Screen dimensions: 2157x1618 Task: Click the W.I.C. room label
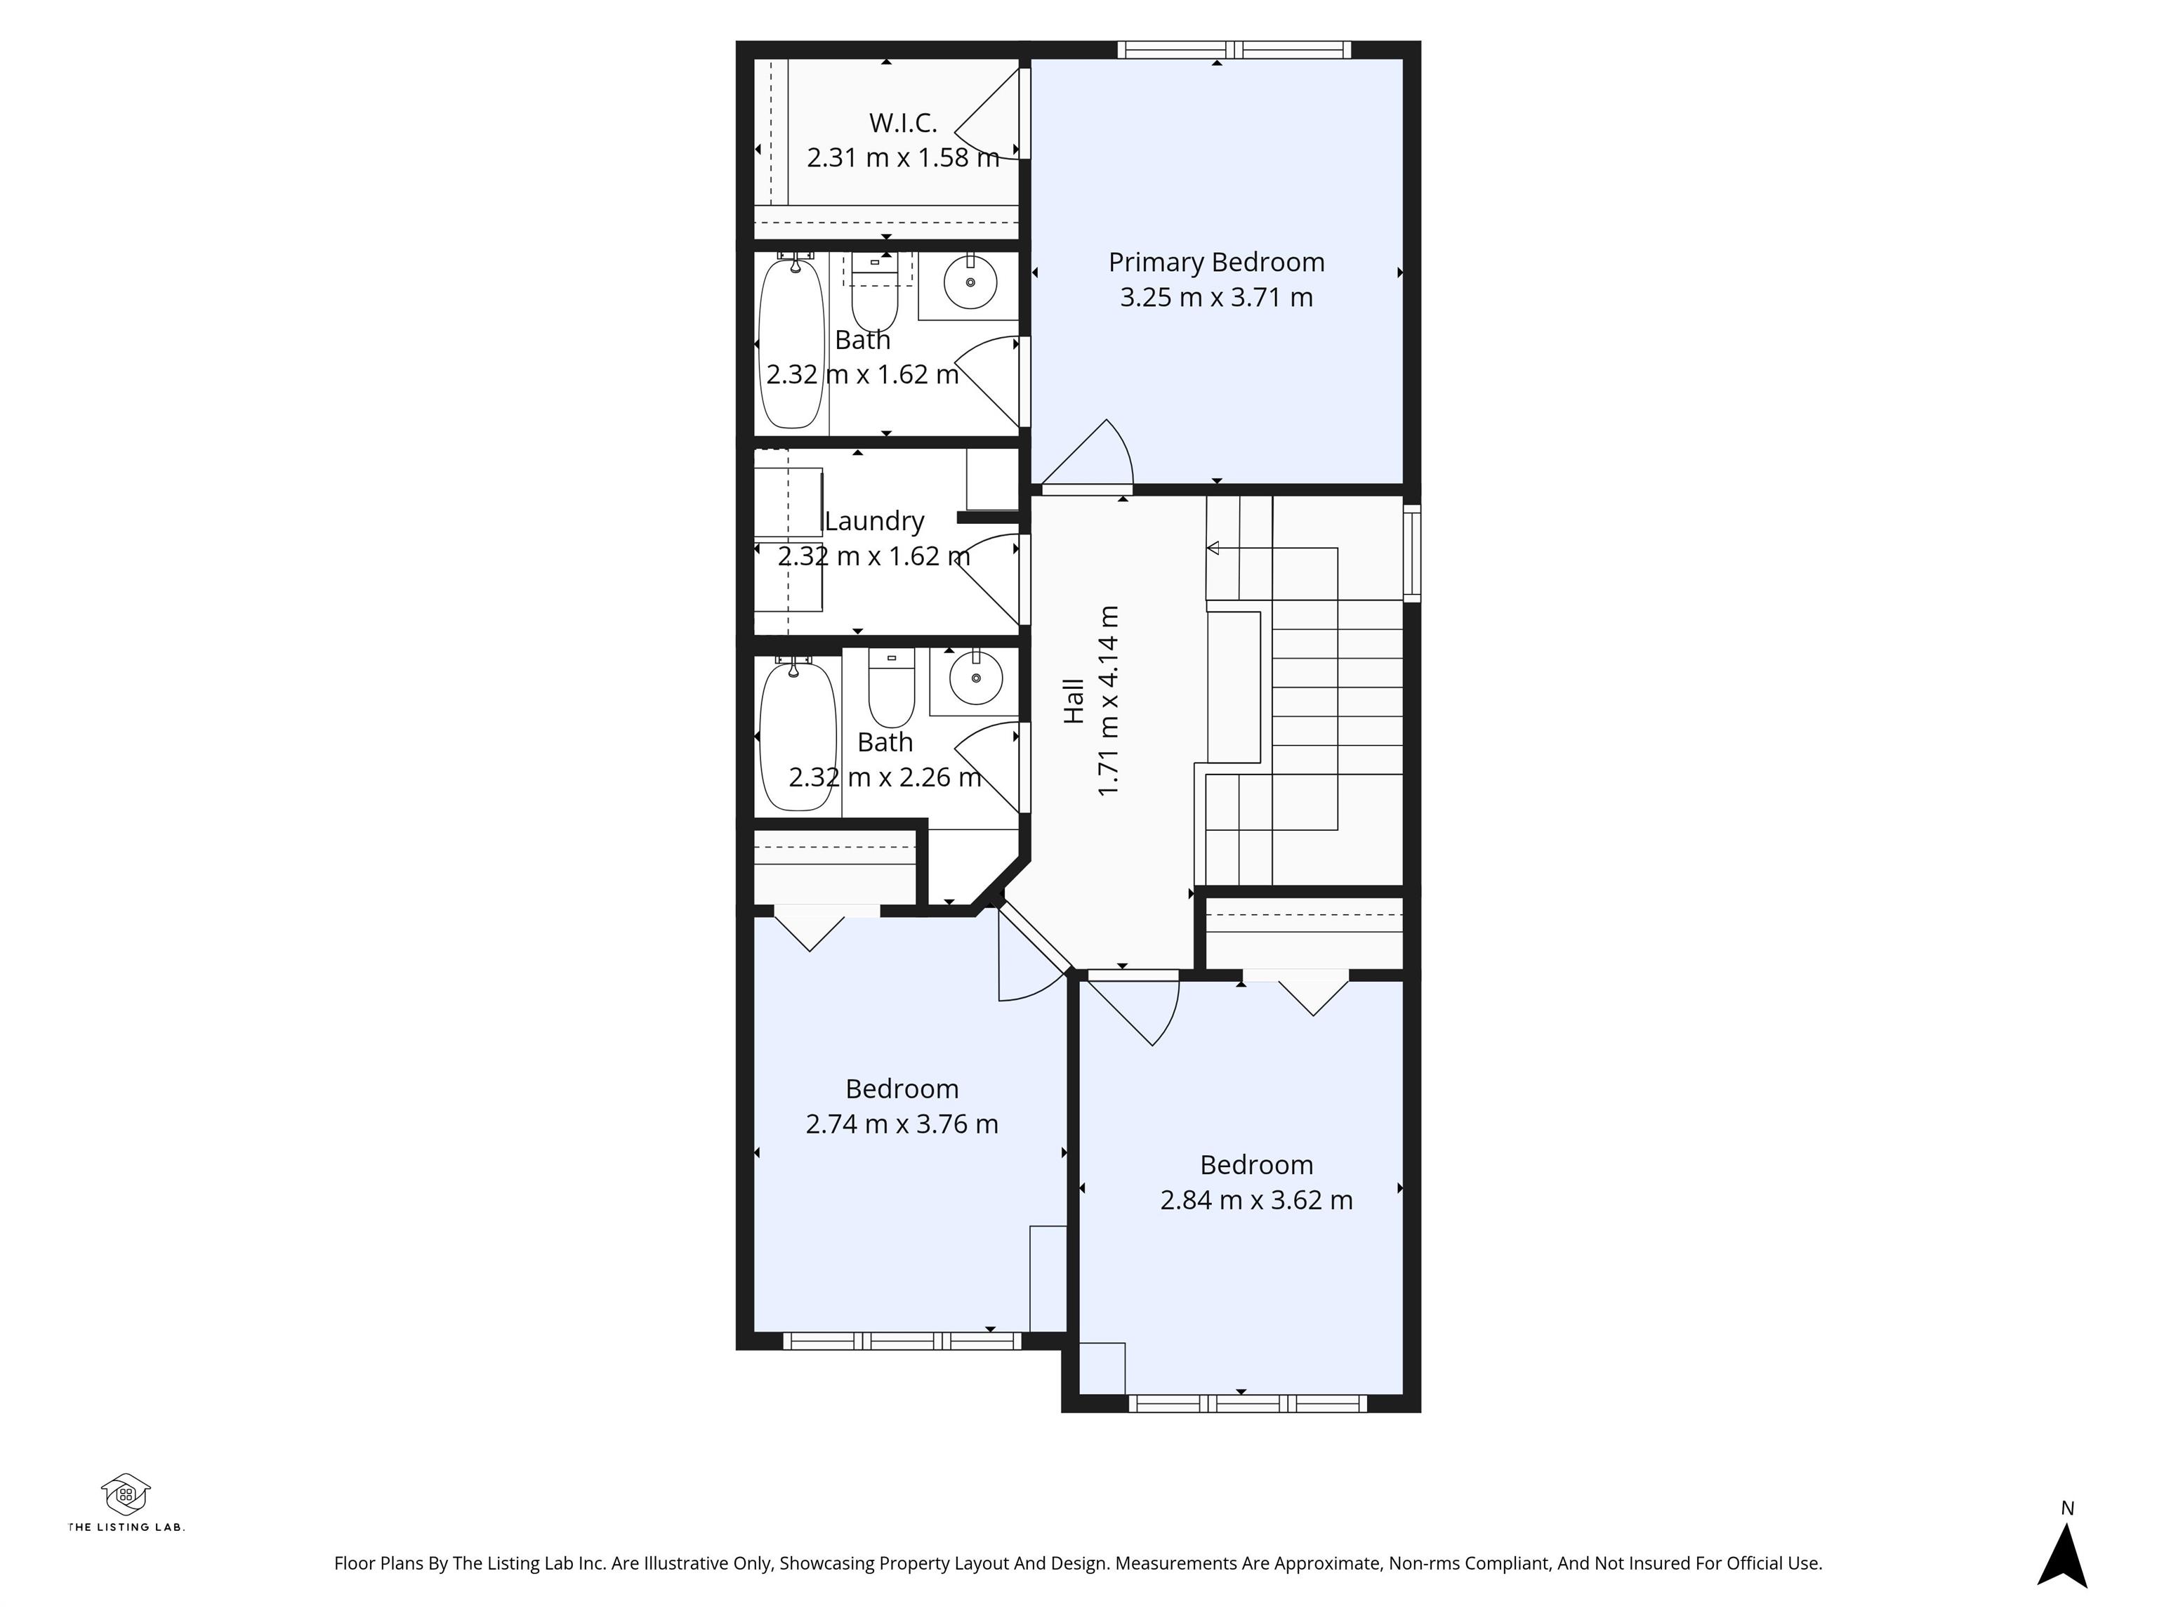coord(903,123)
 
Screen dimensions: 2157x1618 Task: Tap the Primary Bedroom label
coord(1216,263)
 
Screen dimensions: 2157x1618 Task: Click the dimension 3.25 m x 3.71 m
coord(1216,298)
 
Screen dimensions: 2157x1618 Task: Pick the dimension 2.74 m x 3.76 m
coord(902,1124)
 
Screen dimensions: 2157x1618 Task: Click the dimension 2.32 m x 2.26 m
coord(885,777)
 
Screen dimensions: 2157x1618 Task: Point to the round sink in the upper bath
coord(970,282)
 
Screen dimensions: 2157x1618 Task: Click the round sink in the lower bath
coord(976,678)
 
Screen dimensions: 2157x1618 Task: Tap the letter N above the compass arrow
coord(2067,1508)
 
